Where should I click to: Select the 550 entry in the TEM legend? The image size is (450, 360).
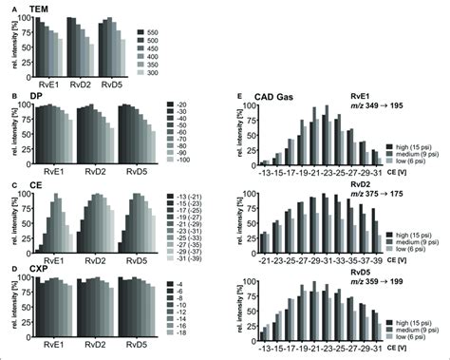(176, 33)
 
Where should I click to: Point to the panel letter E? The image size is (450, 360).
(238, 98)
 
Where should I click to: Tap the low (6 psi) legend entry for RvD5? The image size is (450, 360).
(415, 338)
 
